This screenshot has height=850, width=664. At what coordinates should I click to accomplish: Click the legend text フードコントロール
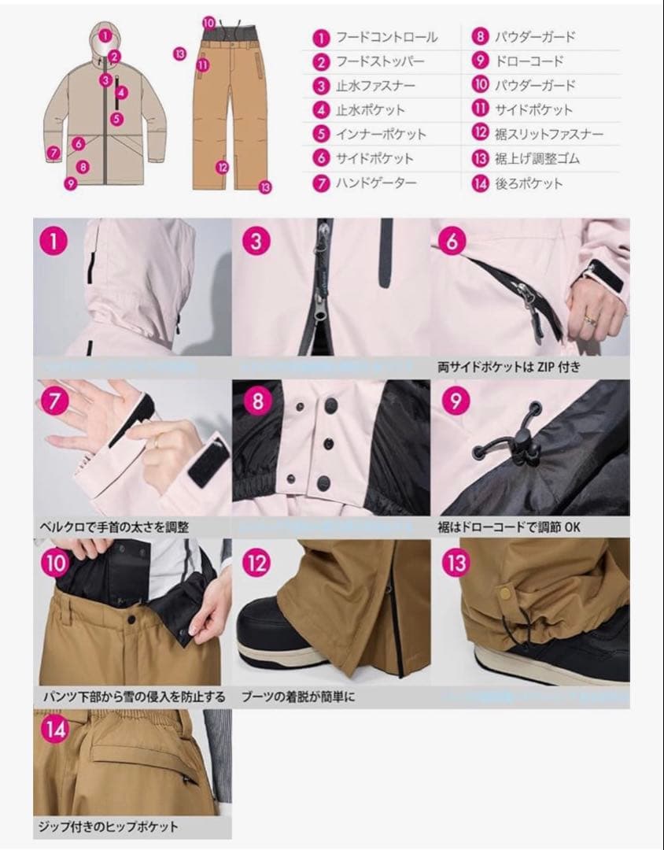386,37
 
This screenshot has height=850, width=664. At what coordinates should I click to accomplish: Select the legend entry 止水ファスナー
375,86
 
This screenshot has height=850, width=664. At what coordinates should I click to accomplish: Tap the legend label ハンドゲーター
376,183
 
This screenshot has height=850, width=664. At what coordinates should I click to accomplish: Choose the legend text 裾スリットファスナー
549,135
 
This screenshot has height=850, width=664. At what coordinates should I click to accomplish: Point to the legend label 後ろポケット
529,183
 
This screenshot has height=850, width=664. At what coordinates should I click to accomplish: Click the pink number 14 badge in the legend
480,183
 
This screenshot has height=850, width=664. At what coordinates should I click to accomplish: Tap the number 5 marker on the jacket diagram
116,120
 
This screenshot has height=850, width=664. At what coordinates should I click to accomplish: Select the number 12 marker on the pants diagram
223,166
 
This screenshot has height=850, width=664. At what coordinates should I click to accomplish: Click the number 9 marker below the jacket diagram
72,184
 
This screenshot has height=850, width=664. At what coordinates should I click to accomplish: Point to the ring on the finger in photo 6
588,318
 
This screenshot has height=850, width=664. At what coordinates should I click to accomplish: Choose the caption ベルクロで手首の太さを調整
114,527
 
